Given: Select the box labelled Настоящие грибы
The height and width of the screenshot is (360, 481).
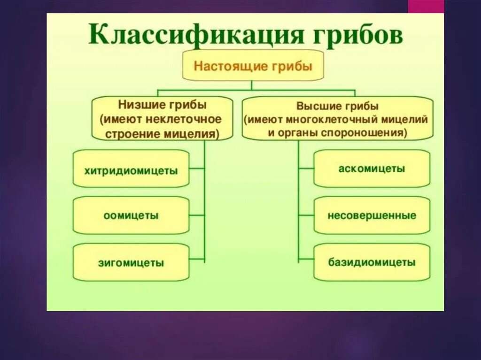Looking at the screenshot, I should click(253, 65).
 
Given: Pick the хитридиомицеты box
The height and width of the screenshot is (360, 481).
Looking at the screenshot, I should click(131, 170).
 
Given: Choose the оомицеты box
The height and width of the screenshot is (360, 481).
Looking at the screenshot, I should click(131, 216).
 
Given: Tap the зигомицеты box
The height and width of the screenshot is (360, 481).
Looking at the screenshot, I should click(131, 262).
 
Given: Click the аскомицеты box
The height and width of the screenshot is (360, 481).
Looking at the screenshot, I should click(372, 169).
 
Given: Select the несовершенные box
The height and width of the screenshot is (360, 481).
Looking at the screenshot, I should click(372, 215).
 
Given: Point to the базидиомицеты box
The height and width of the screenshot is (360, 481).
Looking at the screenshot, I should click(372, 262).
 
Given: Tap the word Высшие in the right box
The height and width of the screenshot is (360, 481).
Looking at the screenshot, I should click(318, 106).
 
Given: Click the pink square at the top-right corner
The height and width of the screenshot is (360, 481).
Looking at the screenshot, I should click(426, 6).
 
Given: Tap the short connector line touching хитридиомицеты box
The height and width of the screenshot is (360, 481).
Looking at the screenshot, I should click(197, 168).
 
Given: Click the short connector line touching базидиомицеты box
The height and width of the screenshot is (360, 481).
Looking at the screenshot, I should click(306, 259).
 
